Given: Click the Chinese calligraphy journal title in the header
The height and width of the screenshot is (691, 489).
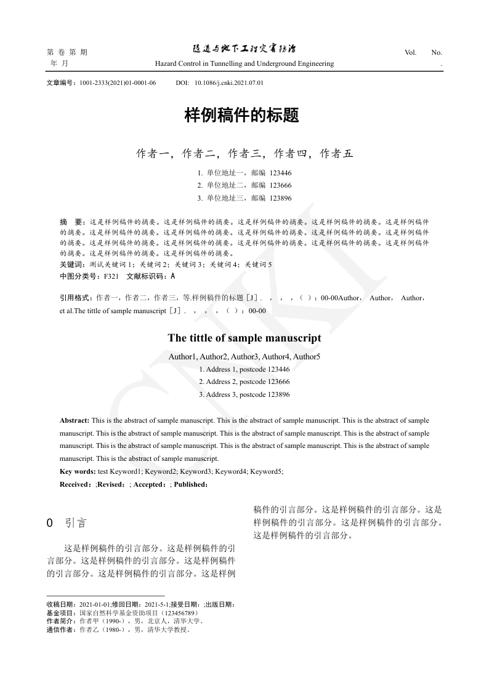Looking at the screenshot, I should (244, 49).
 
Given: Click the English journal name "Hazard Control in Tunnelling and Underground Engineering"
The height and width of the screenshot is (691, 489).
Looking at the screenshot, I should (244, 63).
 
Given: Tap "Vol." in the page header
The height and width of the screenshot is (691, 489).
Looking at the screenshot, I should (410, 52).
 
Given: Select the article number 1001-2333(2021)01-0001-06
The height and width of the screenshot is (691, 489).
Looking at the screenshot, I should (118, 82).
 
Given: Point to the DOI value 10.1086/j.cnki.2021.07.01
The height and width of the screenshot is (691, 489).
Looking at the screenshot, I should (228, 82).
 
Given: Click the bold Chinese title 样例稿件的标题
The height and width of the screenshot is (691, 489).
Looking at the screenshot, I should (242, 116).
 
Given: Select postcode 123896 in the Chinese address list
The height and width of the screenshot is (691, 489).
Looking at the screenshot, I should (280, 198).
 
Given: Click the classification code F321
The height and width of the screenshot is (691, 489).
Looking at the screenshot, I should (111, 276).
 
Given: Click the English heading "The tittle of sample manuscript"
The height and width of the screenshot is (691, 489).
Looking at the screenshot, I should (244, 338).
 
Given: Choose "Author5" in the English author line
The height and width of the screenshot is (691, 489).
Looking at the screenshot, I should (306, 356).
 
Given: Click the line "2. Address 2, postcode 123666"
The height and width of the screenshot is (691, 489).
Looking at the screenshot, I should (244, 382).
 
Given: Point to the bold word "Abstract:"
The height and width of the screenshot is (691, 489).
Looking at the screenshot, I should (75, 420).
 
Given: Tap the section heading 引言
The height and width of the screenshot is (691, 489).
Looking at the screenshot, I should (76, 524).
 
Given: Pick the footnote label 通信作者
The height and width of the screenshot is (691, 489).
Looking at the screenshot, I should (58, 629).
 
